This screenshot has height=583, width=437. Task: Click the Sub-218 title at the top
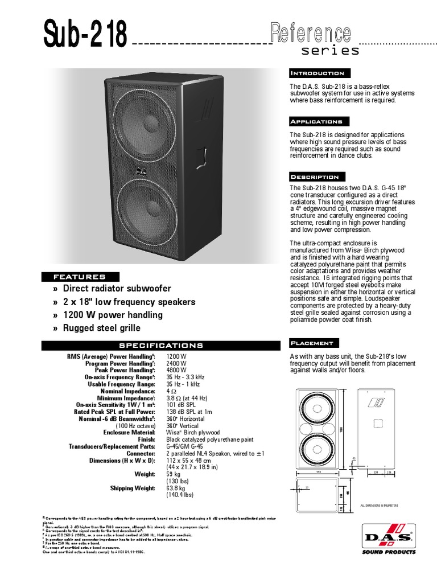tap(85, 35)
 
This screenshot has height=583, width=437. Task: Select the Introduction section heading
tap(318, 73)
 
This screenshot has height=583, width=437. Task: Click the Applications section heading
tap(316, 122)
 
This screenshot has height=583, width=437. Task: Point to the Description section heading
tap(315, 177)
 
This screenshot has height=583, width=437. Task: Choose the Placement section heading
tap(312, 343)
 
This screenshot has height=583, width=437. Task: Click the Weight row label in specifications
tap(145, 474)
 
